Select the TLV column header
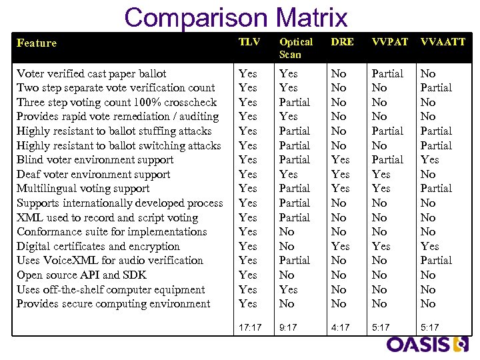249,42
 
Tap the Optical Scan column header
295,48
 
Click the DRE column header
343,42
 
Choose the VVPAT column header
389,42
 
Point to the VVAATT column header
443,42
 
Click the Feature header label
37,43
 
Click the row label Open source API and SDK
81,275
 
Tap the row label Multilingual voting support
83,189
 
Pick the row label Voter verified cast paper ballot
91,73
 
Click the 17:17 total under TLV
250,327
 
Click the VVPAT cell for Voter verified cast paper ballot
387,73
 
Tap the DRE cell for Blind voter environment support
340,159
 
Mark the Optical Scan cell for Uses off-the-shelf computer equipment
289,289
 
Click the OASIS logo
428,344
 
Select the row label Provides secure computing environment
113,303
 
